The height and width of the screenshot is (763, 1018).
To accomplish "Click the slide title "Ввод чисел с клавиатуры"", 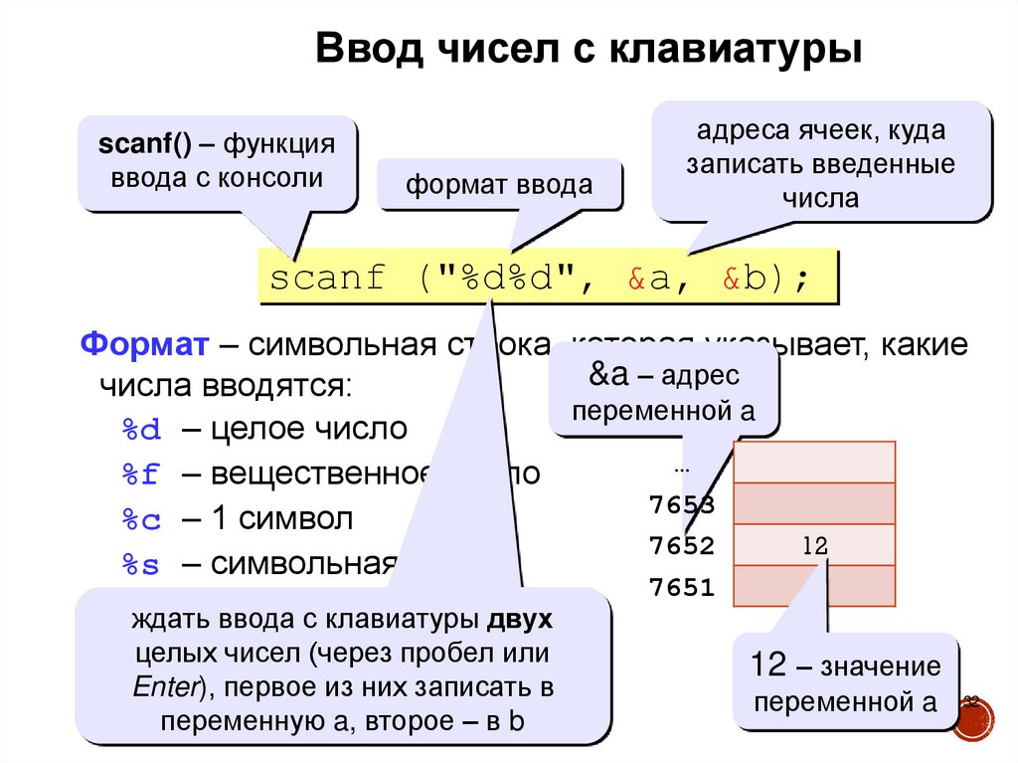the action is [587, 50].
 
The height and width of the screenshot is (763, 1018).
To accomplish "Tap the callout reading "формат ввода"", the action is [499, 185].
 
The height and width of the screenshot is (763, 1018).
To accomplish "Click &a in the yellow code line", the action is [649, 279].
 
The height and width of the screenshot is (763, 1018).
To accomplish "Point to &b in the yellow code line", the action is [745, 279].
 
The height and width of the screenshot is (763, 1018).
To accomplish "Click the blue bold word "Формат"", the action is [144, 346].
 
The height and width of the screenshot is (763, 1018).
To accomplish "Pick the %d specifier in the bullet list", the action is [140, 430].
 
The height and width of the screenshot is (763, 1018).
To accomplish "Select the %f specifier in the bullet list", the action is [140, 475].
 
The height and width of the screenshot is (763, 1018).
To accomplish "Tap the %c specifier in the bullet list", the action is [140, 520].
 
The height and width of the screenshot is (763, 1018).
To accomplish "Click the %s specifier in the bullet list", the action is [140, 565].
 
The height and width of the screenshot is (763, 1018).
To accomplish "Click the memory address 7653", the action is [681, 505].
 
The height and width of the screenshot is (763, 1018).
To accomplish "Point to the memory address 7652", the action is [681, 545].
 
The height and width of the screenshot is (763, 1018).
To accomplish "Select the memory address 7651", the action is [681, 587].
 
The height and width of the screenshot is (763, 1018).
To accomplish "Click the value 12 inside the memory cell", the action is [813, 545].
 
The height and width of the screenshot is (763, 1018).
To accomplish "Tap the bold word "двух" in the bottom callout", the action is [520, 620].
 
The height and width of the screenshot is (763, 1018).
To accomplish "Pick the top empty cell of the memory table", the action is [814, 461].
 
